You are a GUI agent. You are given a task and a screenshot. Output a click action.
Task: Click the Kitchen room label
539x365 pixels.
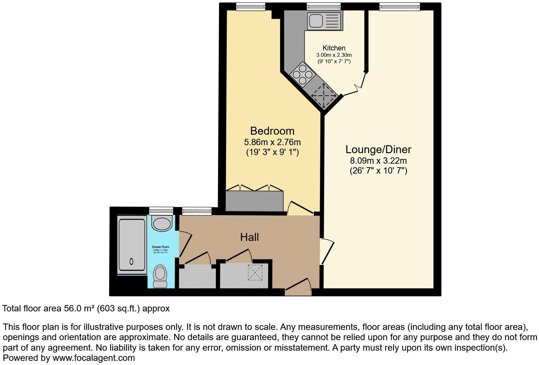pyautogui.click(x=334, y=48)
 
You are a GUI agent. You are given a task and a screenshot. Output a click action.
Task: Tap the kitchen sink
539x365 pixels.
pyautogui.click(x=324, y=21)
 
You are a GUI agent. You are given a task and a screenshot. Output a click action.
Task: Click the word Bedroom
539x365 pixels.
pyautogui.click(x=272, y=131)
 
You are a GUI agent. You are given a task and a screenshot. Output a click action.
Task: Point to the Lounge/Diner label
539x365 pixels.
pyautogui.click(x=378, y=149)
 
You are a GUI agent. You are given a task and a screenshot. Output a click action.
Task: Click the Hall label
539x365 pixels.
pyautogui.click(x=249, y=237)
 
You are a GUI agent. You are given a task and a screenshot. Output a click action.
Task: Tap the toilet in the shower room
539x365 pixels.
pyautogui.click(x=160, y=276)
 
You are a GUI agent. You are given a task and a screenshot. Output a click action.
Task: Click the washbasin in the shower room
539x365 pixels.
pyautogui.click(x=162, y=223)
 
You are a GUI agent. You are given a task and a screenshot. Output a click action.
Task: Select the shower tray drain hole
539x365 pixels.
pyautogui.click(x=131, y=262)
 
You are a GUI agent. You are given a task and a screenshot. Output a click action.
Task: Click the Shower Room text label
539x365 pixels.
pyautogui.click(x=160, y=247)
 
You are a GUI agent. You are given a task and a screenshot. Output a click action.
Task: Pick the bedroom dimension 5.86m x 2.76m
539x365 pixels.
pyautogui.click(x=272, y=142)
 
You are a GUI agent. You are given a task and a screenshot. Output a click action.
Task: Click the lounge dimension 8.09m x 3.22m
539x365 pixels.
pyautogui.click(x=378, y=161)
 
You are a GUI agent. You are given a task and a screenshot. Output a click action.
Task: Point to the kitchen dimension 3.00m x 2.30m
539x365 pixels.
pyautogui.click(x=334, y=55)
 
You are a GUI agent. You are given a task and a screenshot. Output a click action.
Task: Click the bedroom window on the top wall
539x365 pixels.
pyautogui.click(x=250, y=6)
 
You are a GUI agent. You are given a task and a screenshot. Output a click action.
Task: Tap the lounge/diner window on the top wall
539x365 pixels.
pyautogui.click(x=399, y=6)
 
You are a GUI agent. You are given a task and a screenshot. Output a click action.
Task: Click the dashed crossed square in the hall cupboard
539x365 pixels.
pyautogui.click(x=255, y=272)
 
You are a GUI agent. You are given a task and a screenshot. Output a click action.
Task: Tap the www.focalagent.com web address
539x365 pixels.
pyautogui.click(x=94, y=358)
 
